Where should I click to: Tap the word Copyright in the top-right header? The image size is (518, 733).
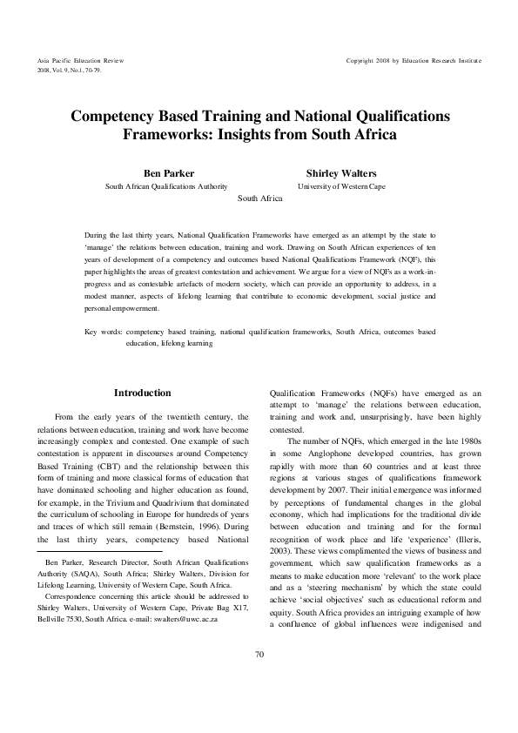[363, 60]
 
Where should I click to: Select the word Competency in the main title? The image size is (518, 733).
[113, 116]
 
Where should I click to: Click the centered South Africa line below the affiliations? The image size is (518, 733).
[259, 198]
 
